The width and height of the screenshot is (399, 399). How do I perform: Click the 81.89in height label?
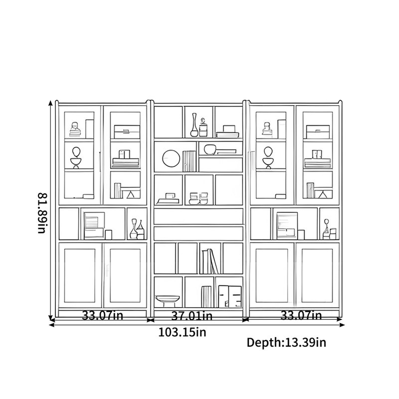coord(42,213)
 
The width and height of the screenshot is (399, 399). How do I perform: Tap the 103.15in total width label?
coord(182,332)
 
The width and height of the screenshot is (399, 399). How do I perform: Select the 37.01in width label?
coord(192,316)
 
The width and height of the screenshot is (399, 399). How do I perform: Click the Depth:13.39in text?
coord(286,343)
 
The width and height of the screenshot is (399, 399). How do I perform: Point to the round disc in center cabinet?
coord(171,159)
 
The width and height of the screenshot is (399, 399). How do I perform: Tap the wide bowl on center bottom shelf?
coord(168,300)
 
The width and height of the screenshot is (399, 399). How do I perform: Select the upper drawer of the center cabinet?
coord(199,216)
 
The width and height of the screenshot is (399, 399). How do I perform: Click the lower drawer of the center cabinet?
coord(199,233)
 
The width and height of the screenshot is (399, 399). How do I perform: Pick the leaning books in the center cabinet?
coord(210,261)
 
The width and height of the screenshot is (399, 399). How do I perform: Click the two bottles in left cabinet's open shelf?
coord(137,229)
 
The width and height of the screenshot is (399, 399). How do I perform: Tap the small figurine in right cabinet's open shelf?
coord(327,228)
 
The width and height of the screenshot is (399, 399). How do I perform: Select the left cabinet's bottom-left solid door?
coord(80,275)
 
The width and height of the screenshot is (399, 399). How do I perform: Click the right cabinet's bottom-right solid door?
coord(317,275)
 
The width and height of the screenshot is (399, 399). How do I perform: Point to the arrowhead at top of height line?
coord(50,103)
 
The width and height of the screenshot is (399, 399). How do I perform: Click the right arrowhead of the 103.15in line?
coord(342,325)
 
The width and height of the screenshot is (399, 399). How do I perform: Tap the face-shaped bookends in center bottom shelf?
coord(230,296)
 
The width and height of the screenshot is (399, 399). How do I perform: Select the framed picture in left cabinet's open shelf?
coord(94,226)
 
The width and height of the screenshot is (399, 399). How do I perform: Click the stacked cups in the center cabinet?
coord(199,199)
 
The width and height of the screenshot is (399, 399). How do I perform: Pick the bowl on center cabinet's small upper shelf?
coord(209,149)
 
